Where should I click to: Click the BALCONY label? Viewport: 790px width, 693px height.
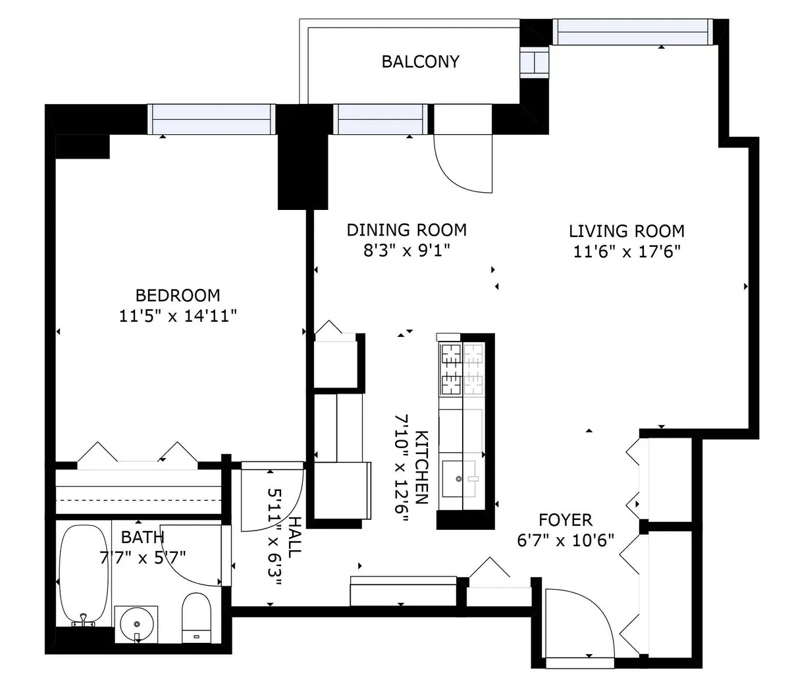(420, 62)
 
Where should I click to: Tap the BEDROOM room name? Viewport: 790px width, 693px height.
(178, 295)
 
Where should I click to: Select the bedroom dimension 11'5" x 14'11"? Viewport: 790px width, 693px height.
(178, 316)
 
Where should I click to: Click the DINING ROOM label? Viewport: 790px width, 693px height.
(407, 230)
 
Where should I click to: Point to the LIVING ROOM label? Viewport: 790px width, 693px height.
(627, 231)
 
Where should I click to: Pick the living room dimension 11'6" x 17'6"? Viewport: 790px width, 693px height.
(627, 251)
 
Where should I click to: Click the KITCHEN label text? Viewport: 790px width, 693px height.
(421, 467)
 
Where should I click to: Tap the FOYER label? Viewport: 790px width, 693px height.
(566, 520)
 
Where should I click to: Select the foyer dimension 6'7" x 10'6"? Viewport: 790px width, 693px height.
(566, 540)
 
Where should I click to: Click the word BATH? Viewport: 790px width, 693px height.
(142, 538)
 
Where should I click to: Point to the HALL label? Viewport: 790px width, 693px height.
(295, 537)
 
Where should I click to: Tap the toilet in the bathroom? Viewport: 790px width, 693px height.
(197, 618)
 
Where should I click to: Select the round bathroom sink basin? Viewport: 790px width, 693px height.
(136, 624)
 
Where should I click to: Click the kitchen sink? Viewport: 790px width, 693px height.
(459, 478)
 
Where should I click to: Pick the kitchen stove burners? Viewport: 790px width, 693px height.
(462, 369)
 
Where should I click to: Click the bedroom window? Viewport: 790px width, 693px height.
(211, 119)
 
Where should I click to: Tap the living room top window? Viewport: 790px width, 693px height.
(633, 32)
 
